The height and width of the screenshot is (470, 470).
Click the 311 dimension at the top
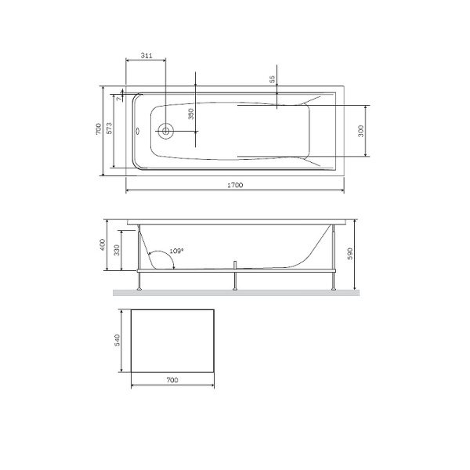146,56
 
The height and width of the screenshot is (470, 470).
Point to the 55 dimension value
272,79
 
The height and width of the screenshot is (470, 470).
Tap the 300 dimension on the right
361,131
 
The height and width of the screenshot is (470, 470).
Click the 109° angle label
177,251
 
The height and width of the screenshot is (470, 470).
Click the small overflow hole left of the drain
139,131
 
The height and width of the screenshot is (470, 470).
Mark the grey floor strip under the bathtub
235,293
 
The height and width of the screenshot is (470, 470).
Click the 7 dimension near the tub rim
119,99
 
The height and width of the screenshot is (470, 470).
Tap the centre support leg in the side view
234,276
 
